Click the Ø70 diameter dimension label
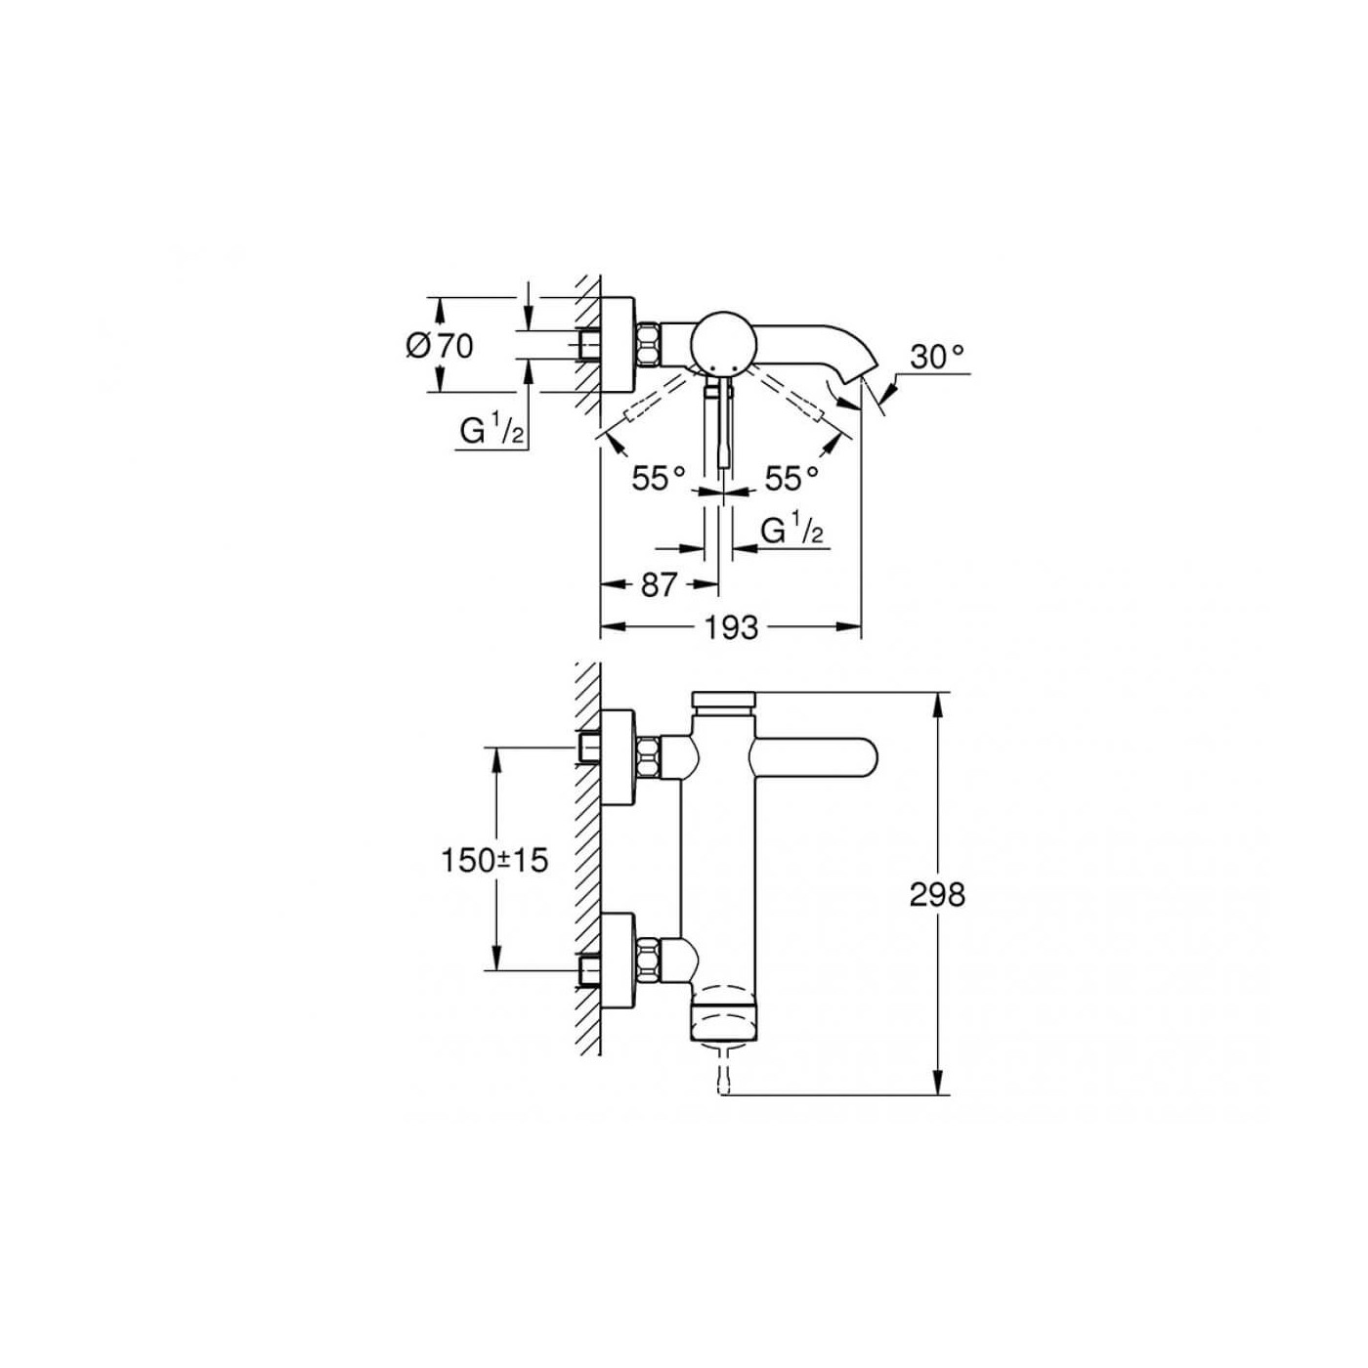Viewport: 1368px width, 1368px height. tap(440, 345)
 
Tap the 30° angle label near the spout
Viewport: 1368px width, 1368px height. tap(937, 358)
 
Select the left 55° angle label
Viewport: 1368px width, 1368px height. tap(658, 479)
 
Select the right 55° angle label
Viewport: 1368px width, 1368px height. tap(791, 479)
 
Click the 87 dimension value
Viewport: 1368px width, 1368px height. tap(659, 584)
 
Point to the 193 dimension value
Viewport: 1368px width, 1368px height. tap(731, 627)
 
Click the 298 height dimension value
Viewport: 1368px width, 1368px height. tap(936, 894)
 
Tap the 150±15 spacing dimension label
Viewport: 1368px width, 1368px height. tap(494, 860)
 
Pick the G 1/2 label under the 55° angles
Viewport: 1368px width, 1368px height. tap(792, 531)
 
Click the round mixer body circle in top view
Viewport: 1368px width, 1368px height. tap(722, 343)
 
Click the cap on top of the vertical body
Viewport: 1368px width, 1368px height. tap(722, 701)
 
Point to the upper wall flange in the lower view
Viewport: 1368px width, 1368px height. tap(617, 758)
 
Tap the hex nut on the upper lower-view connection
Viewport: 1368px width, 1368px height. tap(648, 757)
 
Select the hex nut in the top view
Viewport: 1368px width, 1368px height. tap(649, 344)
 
